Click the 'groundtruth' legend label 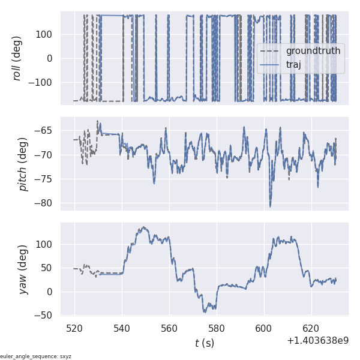(313, 51)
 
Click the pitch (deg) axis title (23, 164)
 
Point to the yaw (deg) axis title (23, 269)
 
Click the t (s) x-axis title (205, 343)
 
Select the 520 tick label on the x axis (74, 329)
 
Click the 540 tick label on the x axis (122, 329)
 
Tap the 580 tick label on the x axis (217, 329)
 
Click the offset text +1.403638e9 (317, 341)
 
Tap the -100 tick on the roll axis (44, 83)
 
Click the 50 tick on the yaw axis (49, 268)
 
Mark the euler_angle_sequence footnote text (36, 356)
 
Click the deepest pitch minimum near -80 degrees (270, 206)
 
